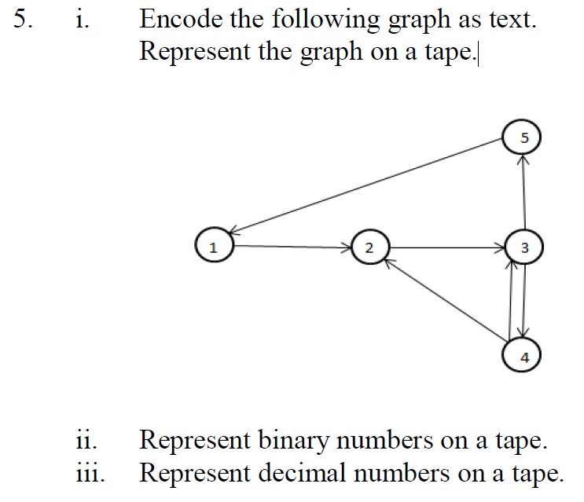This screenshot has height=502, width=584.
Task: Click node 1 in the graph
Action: [x=211, y=246]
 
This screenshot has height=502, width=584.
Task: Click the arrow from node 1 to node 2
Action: [x=291, y=247]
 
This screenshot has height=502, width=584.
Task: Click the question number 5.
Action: [x=24, y=20]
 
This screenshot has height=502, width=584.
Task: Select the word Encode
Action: [x=175, y=20]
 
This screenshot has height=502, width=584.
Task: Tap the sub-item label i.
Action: [x=81, y=20]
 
